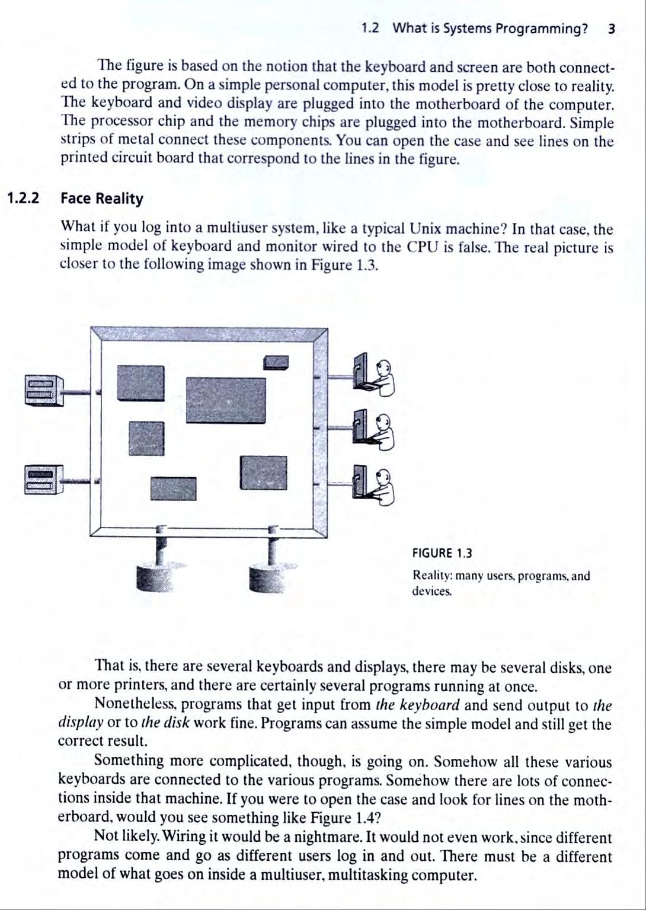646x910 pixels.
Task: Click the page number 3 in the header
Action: [611, 28]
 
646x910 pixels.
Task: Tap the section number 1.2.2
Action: [23, 198]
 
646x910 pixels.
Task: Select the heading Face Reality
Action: [102, 199]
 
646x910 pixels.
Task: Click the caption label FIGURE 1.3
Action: [442, 554]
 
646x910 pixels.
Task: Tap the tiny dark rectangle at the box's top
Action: [276, 362]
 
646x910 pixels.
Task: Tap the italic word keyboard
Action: [430, 705]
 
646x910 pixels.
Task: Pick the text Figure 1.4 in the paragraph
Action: [343, 818]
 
